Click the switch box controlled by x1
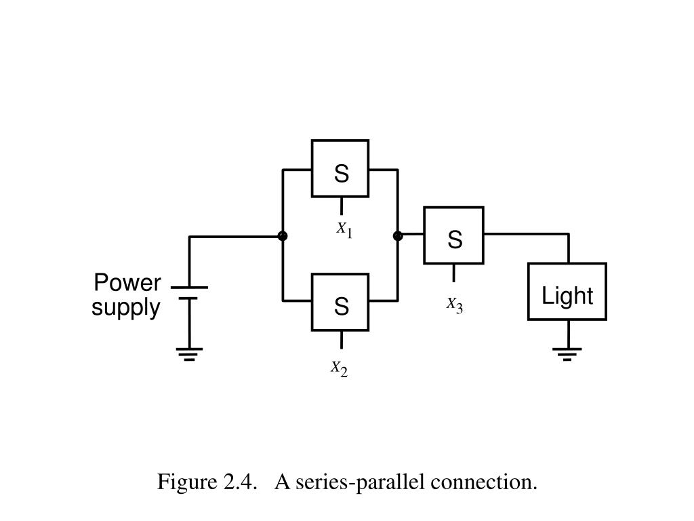point(340,168)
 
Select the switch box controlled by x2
point(340,302)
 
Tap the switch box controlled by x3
point(454,235)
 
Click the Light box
point(567,292)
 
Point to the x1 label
point(344,229)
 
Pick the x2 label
point(339,368)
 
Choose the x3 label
point(454,305)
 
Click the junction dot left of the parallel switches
point(283,236)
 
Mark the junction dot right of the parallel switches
point(398,236)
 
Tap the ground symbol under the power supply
point(190,353)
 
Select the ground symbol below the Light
point(567,353)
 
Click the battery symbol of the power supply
point(190,292)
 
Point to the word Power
point(127,282)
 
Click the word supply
point(127,308)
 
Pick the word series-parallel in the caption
point(362,482)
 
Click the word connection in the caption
point(494,482)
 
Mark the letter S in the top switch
point(341,174)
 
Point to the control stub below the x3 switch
point(454,273)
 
